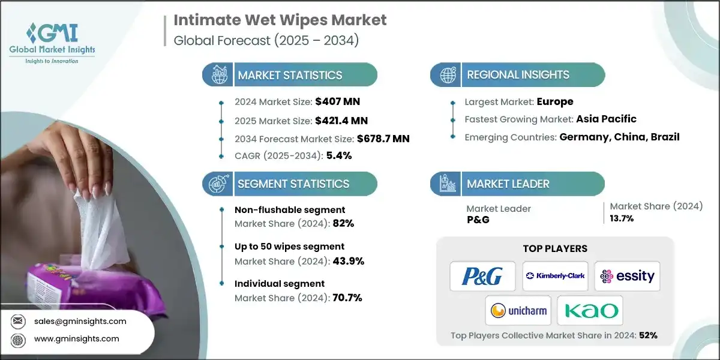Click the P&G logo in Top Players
482,276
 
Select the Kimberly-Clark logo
555,276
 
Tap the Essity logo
627,276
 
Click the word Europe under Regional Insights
555,101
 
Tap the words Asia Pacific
606,119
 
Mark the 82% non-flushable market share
346,223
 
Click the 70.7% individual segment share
347,297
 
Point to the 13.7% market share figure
622,218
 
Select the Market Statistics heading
290,75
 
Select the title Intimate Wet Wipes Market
280,20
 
